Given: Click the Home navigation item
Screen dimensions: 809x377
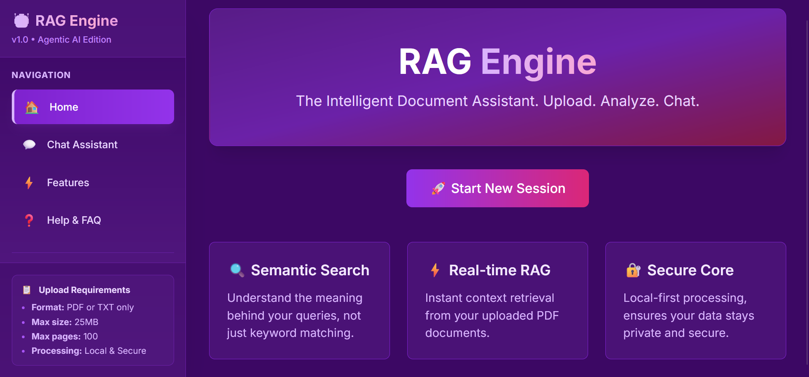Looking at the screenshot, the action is [x=93, y=107].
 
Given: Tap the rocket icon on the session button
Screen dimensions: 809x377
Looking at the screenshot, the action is [x=438, y=188].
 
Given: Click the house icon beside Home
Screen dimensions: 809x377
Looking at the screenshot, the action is [x=32, y=107].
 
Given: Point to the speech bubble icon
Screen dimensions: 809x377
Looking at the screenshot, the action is [x=29, y=145].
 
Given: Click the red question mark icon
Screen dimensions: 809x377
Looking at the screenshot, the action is [x=29, y=220].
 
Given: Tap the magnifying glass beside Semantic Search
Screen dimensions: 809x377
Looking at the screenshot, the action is [x=237, y=270].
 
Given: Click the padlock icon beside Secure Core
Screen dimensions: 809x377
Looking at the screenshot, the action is [x=633, y=270].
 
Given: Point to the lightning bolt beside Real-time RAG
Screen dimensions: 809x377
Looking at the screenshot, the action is [x=435, y=270].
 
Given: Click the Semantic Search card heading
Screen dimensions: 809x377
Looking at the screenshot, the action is [x=310, y=270].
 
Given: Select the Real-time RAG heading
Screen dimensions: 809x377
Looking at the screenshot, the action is [x=500, y=270].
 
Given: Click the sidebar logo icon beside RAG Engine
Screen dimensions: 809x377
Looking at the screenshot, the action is [x=22, y=20].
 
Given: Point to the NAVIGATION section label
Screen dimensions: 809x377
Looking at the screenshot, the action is [x=41, y=75].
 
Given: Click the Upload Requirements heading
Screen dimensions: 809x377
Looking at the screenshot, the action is [x=84, y=290].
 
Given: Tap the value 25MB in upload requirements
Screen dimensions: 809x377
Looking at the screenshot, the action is [x=86, y=322].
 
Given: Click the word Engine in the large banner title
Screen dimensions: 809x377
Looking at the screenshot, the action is [x=538, y=62].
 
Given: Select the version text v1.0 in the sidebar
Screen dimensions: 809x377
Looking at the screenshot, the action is [x=20, y=40].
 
